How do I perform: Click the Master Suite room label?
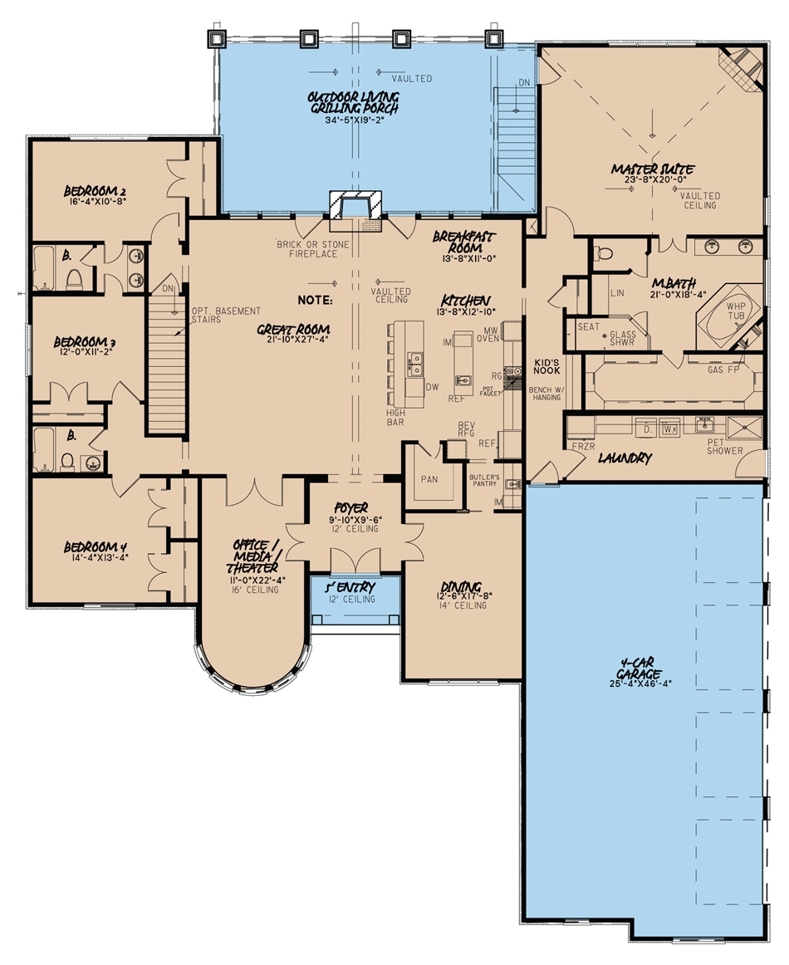[653, 169]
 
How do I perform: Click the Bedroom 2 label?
[95, 191]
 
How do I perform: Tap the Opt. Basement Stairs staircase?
[165, 365]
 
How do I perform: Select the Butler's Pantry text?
[484, 480]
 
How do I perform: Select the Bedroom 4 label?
[96, 547]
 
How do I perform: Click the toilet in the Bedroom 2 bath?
[74, 278]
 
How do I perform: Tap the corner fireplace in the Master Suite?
[743, 66]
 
